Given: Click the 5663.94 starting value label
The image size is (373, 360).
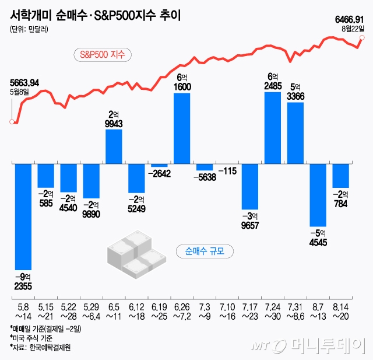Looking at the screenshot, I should click(x=24, y=82).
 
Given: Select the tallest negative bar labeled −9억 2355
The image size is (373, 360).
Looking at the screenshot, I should click(x=23, y=216).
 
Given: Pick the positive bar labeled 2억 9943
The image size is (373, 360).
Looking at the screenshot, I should click(x=114, y=146).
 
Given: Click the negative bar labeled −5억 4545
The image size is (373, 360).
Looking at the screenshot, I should click(x=318, y=195).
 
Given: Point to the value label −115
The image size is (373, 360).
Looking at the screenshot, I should click(x=227, y=171).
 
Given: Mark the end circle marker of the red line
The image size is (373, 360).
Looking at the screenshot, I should click(x=362, y=39).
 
